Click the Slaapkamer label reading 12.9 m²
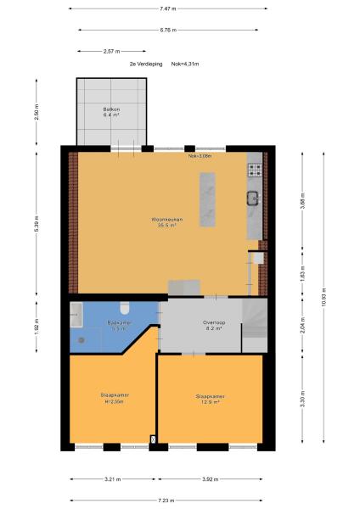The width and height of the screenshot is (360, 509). point(208,399)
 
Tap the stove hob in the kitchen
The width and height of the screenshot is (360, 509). point(253,169)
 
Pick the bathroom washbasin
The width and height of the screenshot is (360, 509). point(76,313)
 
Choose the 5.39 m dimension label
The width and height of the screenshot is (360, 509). point(36,223)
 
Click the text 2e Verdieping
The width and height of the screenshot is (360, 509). point(143,64)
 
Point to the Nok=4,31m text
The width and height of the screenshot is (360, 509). point(185,64)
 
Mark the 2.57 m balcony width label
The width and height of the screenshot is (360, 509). point(110,51)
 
